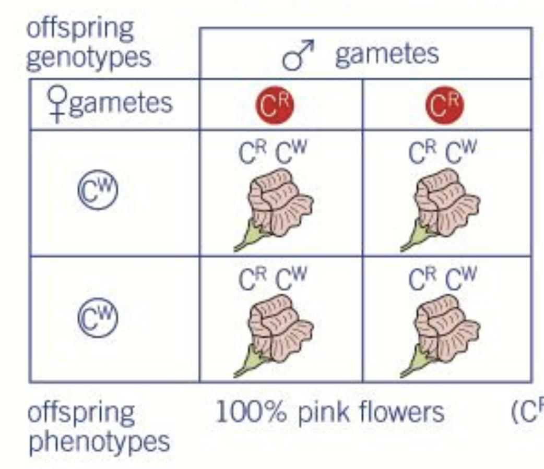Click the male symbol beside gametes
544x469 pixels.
tap(298, 54)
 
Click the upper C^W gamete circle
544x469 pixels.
tap(98, 192)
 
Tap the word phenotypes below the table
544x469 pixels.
tap(99, 442)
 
